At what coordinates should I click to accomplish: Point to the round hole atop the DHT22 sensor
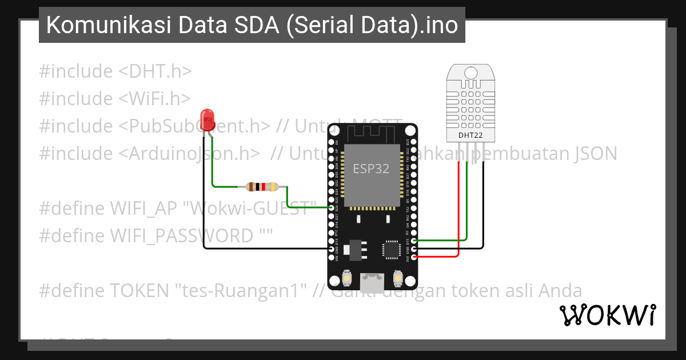[x=471, y=73]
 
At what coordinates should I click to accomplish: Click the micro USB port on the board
[x=372, y=281]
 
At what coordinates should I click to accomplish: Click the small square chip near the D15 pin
[x=392, y=249]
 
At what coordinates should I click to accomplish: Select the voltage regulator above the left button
[x=356, y=247]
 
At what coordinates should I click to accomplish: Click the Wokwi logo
[x=607, y=315]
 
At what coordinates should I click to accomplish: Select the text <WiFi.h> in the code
[x=155, y=99]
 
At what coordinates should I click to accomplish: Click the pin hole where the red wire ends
[x=413, y=257]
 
